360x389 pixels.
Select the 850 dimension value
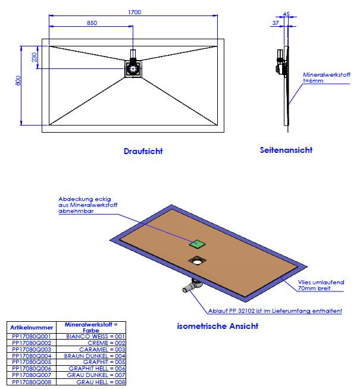(92, 23)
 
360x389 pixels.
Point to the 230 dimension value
(35, 58)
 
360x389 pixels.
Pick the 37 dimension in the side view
(276, 23)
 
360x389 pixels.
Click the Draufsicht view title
(143, 151)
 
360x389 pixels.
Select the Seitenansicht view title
(286, 150)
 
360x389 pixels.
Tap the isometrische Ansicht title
(218, 326)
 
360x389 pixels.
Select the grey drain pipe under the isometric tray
(190, 287)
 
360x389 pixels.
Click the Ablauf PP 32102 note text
(274, 310)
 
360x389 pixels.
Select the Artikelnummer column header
(31, 328)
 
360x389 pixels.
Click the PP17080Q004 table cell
(31, 355)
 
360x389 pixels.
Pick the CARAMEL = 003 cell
(92, 349)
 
